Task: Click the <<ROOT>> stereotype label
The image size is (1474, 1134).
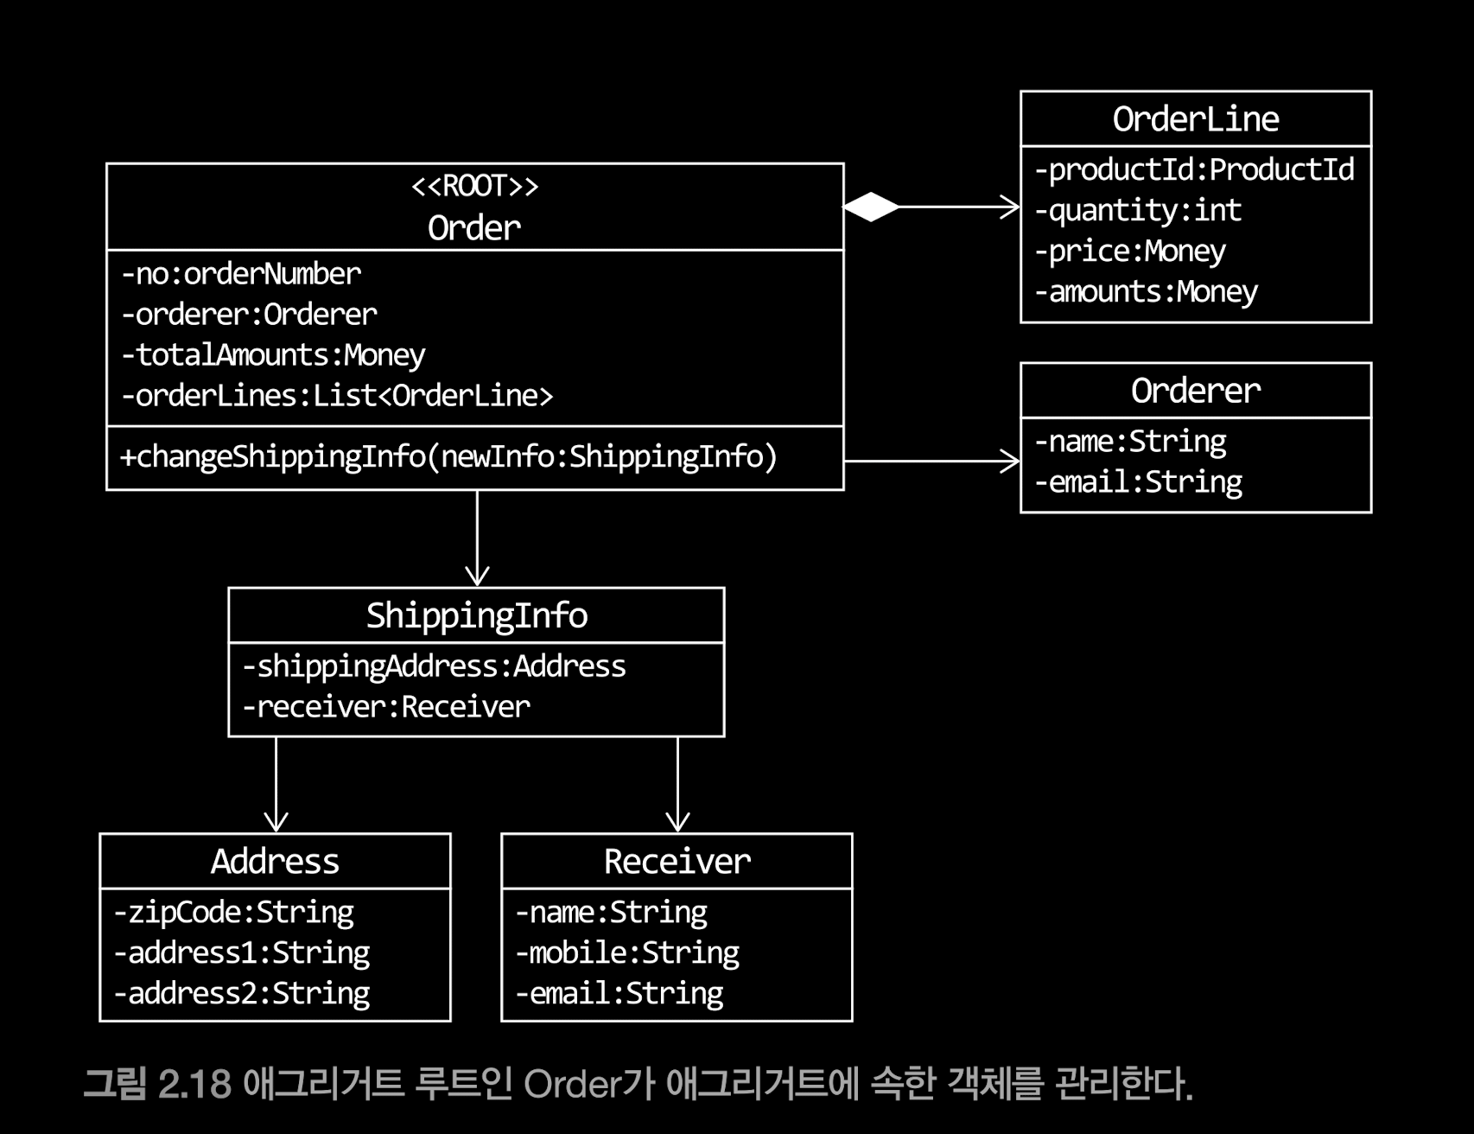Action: pos(474,186)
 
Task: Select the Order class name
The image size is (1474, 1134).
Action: pos(474,228)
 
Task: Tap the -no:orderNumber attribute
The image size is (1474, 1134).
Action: pos(241,274)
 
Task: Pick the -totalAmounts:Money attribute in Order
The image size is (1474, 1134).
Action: pos(273,355)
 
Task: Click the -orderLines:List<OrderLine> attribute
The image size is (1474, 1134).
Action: pos(337,396)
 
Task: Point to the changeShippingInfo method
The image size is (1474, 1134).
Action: pos(448,456)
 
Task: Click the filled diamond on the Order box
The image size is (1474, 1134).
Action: pos(871,207)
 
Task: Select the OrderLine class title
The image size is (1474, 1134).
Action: pos(1195,119)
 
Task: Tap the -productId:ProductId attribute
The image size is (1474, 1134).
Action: pos(1194,170)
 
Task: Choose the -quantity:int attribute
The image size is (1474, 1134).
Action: pos(1138,211)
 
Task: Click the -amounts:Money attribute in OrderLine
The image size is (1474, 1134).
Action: pos(1146,292)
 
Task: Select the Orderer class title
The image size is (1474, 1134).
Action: pos(1195,391)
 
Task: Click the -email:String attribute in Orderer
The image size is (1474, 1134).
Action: pos(1138,482)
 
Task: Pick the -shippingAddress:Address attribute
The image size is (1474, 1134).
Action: pos(434,666)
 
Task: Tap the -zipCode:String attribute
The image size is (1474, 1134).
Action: pos(233,913)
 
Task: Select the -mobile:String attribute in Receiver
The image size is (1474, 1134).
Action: pos(627,952)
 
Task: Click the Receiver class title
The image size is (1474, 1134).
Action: pos(677,862)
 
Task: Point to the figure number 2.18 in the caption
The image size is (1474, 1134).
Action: pos(194,1084)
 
